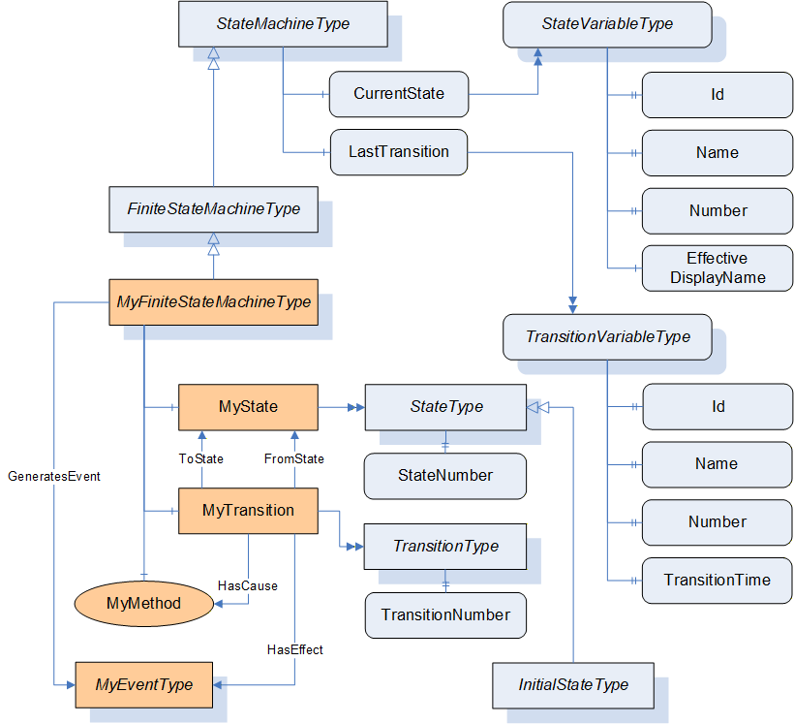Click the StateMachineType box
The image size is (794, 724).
coord(283,24)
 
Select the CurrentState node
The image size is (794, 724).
coord(399,94)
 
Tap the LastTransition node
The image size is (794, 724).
coord(399,152)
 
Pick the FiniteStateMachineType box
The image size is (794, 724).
coord(214,209)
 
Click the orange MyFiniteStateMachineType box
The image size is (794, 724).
coord(214,302)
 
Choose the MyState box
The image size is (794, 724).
coord(248,407)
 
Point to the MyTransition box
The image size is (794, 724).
coord(248,511)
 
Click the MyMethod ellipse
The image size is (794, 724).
coord(144,603)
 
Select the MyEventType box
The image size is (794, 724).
coord(144,685)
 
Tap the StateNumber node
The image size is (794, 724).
coord(445,476)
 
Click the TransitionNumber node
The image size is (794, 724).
coord(445,615)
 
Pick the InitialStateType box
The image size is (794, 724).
coord(573,685)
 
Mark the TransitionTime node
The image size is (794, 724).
coord(718,581)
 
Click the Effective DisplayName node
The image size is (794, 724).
coord(718,268)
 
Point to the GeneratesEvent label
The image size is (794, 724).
coord(54,477)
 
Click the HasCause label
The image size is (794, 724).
coord(248,586)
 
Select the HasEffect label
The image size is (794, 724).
coord(295,650)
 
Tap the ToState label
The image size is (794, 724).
coord(201,458)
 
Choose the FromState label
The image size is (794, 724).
coord(294,458)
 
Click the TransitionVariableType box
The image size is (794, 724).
coord(608,337)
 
